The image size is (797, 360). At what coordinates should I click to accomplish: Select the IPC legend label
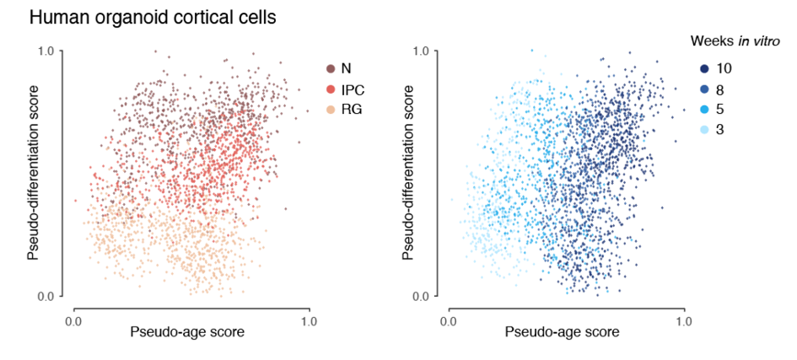[353, 89]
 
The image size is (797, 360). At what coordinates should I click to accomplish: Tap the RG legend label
[353, 110]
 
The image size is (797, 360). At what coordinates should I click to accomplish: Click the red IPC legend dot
[331, 89]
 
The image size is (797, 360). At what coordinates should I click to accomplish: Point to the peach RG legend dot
[331, 110]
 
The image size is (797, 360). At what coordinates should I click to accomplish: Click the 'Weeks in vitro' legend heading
[740, 40]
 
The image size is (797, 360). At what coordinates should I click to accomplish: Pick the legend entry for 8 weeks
[708, 89]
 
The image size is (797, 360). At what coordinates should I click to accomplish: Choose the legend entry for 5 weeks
[708, 110]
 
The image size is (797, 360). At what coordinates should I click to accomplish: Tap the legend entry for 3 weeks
[708, 129]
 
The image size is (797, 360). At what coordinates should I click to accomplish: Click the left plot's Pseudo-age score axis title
[187, 331]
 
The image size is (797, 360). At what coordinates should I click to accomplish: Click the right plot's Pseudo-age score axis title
[563, 331]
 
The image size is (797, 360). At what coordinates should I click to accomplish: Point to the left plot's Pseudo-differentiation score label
[35, 173]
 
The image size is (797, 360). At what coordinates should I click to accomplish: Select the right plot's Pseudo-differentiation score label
[410, 173]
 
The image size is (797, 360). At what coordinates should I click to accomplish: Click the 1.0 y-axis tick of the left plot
[48, 51]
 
